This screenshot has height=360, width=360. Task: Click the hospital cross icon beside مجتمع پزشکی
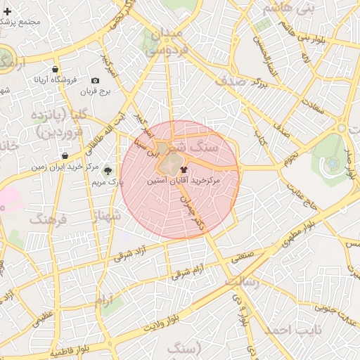coord(7,12)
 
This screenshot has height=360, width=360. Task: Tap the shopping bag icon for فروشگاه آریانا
coord(55,70)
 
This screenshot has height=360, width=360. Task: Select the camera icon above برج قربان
coord(96,81)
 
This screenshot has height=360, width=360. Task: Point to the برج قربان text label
coord(96,91)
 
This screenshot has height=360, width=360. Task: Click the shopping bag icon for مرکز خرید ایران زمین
coord(65,156)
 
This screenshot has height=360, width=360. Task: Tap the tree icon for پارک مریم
coord(108,171)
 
